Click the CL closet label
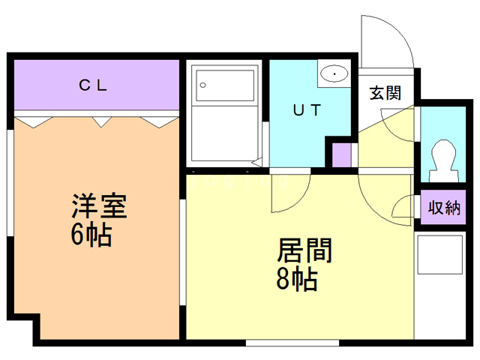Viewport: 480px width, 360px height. click(x=94, y=85)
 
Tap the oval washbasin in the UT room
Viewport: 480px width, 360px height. click(x=334, y=74)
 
